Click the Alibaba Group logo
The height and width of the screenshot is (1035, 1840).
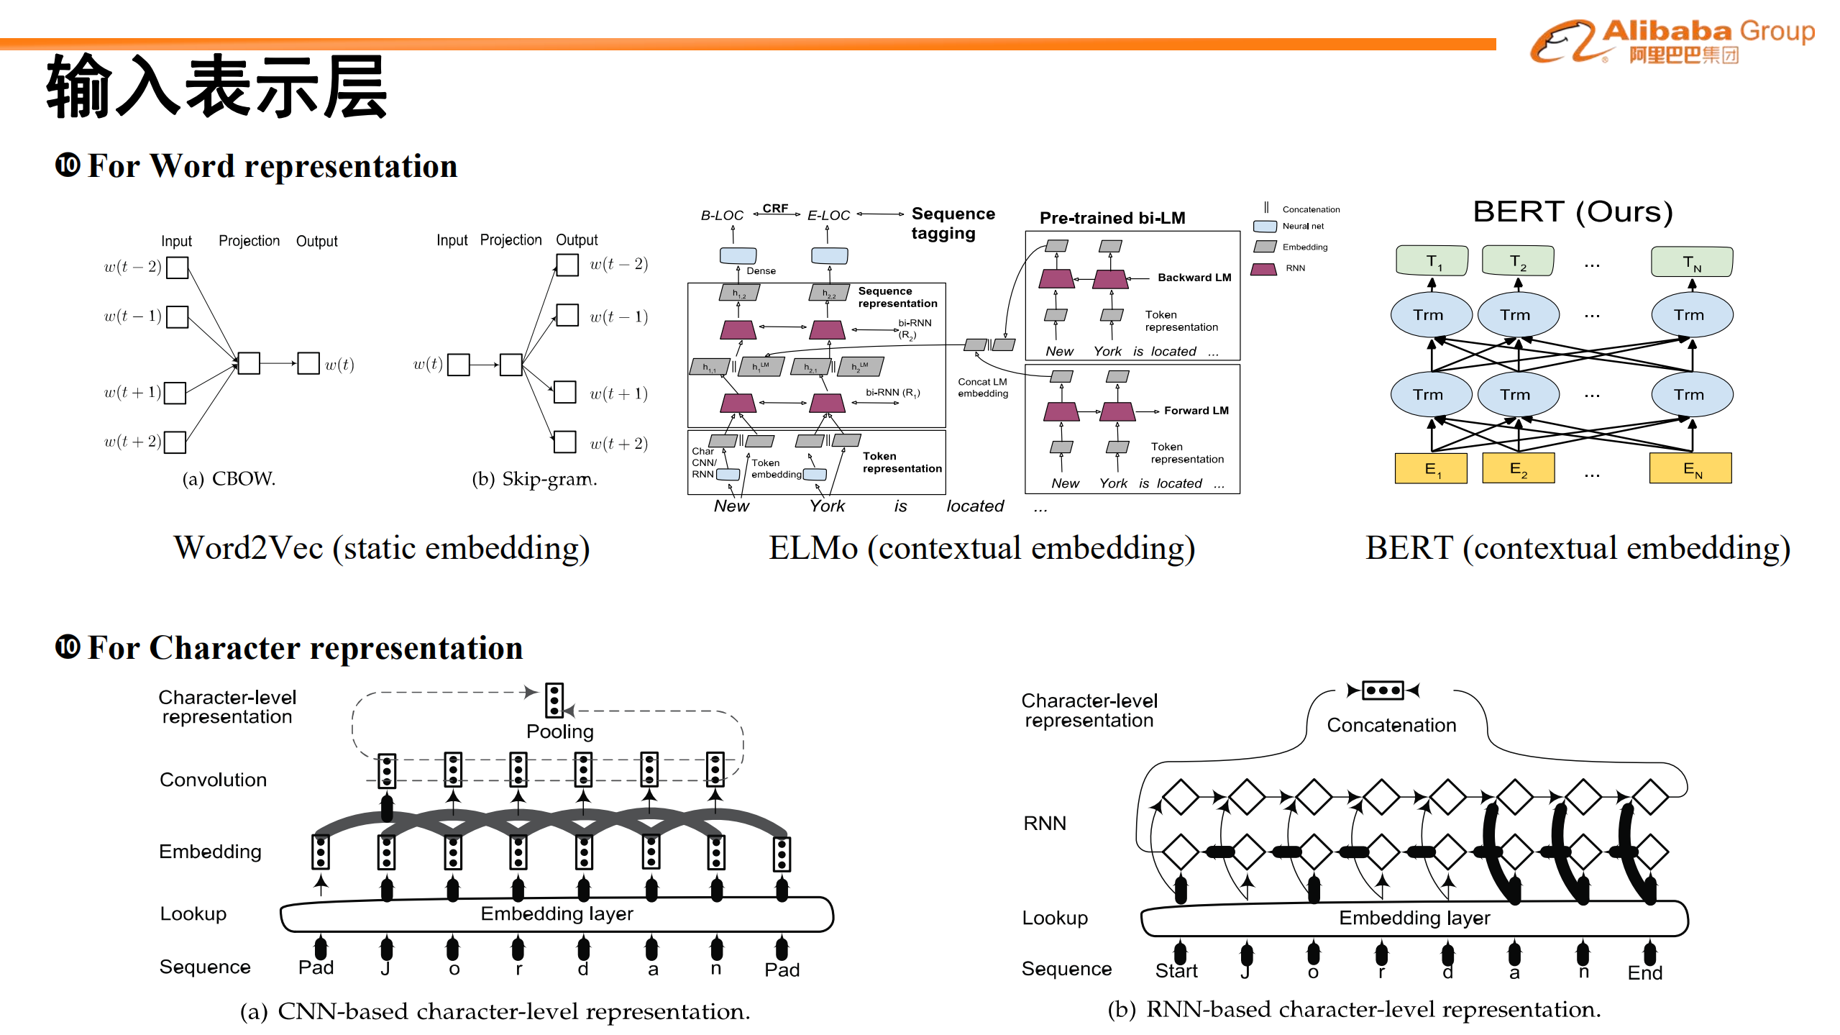1672,41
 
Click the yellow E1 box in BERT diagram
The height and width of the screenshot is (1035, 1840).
1431,468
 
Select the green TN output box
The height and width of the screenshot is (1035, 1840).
1692,262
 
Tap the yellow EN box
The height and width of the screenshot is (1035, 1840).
1690,468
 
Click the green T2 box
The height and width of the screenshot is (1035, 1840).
1518,261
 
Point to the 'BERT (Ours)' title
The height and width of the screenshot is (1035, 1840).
1573,211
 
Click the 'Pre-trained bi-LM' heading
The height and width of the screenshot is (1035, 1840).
1112,218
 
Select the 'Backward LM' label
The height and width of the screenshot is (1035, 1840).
1194,278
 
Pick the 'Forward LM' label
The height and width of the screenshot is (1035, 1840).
1196,411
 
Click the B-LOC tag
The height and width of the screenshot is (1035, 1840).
722,215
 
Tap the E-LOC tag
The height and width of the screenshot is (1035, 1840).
828,215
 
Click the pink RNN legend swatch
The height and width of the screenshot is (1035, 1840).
1264,269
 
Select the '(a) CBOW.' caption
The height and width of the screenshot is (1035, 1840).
229,479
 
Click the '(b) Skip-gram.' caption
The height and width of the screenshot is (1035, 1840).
534,479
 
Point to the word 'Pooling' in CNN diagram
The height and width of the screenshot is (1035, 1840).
560,731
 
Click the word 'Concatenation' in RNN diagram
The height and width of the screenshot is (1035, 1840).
1391,725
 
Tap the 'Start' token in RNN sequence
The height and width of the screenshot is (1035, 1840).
1176,971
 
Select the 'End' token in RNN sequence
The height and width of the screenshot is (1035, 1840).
1644,972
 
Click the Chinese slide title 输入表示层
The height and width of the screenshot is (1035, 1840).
217,87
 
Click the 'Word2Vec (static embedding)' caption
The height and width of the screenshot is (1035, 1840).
382,548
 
